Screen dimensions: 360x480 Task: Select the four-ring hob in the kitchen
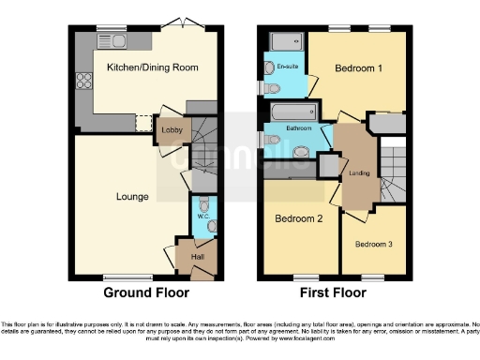pyautogui.click(x=83, y=80)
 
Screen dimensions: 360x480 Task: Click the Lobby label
pyautogui.click(x=172, y=129)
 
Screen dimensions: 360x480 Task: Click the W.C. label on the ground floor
pyautogui.click(x=202, y=217)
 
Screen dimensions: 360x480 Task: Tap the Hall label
pyautogui.click(x=198, y=256)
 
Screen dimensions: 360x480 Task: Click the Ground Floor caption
pyautogui.click(x=140, y=292)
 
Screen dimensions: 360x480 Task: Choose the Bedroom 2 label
pyautogui.click(x=298, y=218)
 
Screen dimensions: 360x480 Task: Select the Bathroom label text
pyautogui.click(x=299, y=127)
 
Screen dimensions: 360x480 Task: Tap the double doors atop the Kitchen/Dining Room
pyautogui.click(x=174, y=25)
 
